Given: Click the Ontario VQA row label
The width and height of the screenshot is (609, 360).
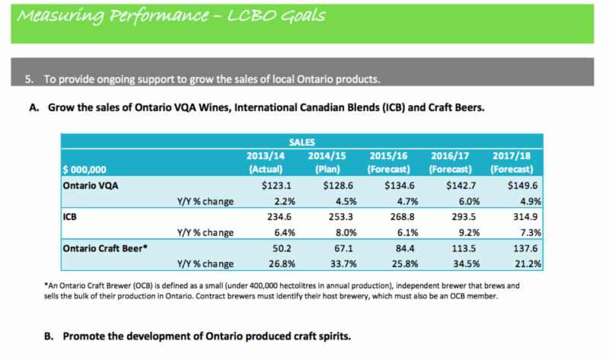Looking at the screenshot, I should point(93,185).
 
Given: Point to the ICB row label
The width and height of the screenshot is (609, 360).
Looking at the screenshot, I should point(71,216).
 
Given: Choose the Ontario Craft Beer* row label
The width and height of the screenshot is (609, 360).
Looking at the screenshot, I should point(104,247).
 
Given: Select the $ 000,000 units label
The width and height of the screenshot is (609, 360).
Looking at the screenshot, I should point(84,170).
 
